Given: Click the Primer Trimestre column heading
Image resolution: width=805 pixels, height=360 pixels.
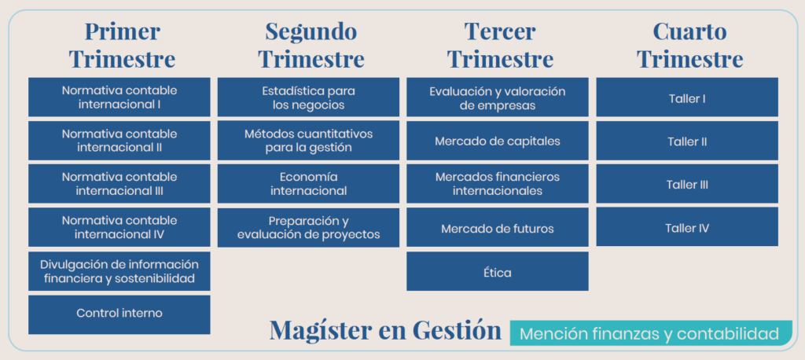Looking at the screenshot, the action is pyautogui.click(x=122, y=45).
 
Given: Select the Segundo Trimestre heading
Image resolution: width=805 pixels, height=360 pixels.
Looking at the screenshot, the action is pyautogui.click(x=311, y=45).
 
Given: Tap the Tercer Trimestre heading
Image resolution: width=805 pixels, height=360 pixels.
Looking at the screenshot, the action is pyautogui.click(x=500, y=45).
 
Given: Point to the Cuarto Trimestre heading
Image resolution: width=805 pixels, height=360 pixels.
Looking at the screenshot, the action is pyautogui.click(x=689, y=45).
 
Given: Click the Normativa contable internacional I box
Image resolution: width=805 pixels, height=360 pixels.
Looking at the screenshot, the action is pyautogui.click(x=119, y=97).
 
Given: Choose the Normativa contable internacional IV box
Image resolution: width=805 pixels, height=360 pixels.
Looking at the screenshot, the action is pyautogui.click(x=119, y=227).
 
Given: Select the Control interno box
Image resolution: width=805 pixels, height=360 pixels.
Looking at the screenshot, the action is pyautogui.click(x=119, y=314).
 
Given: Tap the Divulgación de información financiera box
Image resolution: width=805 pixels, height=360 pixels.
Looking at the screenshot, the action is pyautogui.click(x=119, y=271).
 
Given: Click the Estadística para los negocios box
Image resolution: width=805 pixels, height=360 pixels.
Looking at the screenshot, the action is pyautogui.click(x=308, y=97).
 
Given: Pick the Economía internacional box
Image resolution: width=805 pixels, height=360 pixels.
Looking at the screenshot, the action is pyautogui.click(x=308, y=184).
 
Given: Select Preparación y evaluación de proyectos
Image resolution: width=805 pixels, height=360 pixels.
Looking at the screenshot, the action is pyautogui.click(x=308, y=227).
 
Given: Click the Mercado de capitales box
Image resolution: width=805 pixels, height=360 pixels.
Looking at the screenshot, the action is pyautogui.click(x=498, y=141).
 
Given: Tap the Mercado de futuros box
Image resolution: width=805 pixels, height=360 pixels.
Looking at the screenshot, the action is pyautogui.click(x=498, y=227).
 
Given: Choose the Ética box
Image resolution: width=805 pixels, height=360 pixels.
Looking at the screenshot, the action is pyautogui.click(x=498, y=271).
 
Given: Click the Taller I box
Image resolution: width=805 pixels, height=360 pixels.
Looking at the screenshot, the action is pyautogui.click(x=687, y=97).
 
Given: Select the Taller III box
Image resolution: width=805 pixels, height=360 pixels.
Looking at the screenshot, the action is pyautogui.click(x=687, y=184).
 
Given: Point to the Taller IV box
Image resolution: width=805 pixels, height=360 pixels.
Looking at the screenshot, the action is pyautogui.click(x=687, y=226).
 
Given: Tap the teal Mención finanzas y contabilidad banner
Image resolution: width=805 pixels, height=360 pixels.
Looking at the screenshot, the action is pyautogui.click(x=650, y=333).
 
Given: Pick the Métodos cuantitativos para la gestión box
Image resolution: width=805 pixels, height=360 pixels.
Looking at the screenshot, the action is pyautogui.click(x=308, y=141).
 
